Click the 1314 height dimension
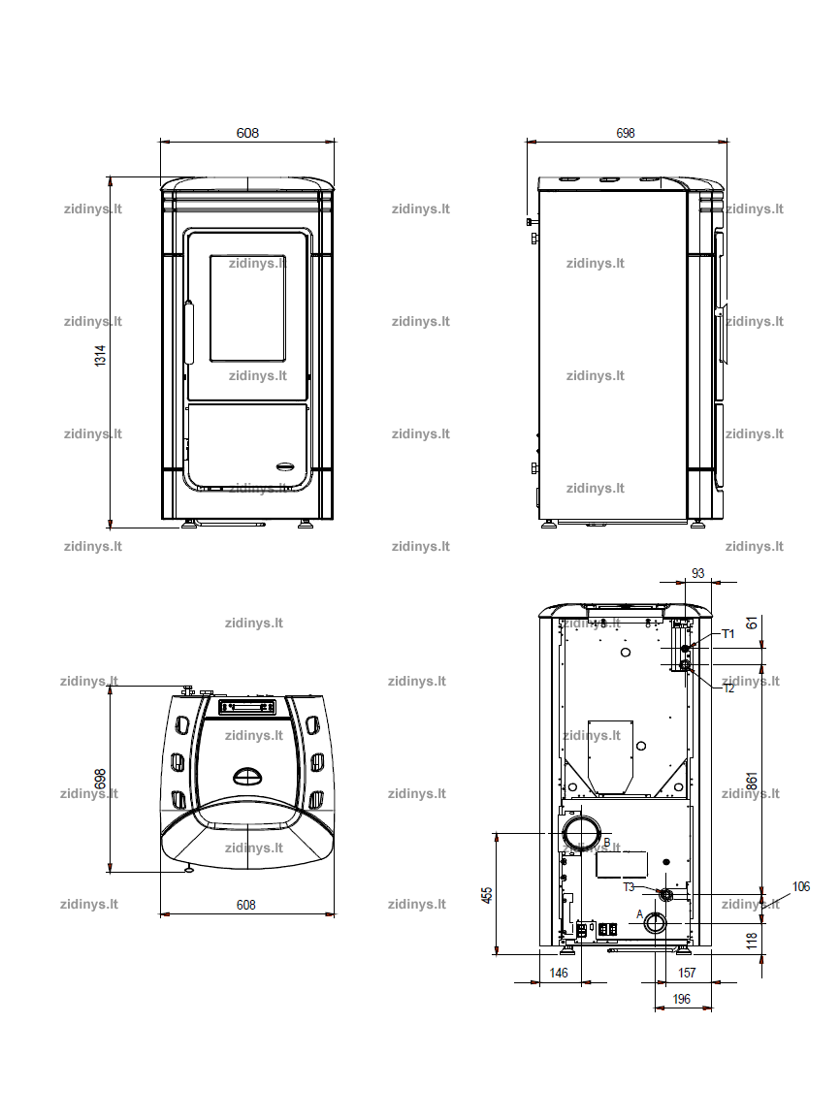pos(100,355)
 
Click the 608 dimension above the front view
pos(248,133)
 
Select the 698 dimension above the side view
pos(626,133)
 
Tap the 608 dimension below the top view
pos(246,905)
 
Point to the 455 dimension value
pos(487,895)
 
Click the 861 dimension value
pos(752,781)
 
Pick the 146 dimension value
pos(559,973)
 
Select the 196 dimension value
pos(682,999)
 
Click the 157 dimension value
pos(687,973)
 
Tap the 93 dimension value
pos(697,573)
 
